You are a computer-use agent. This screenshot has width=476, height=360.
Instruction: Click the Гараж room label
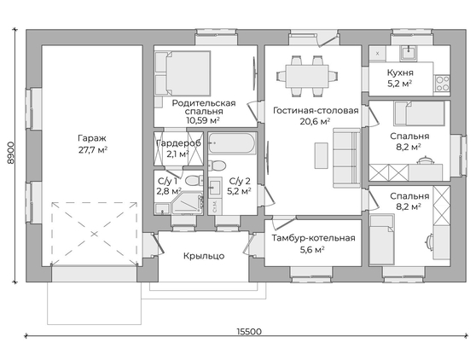pos(92,138)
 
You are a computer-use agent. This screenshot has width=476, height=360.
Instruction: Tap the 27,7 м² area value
pos(93,150)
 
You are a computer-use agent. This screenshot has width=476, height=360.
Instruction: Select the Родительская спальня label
pos(204,107)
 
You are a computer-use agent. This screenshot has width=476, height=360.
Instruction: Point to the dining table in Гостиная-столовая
pos(307,76)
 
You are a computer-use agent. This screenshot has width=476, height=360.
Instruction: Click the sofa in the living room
pos(346,157)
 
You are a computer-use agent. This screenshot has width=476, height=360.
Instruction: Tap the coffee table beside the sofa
pos(321,155)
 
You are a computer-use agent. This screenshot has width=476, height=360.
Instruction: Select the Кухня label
pos(400,73)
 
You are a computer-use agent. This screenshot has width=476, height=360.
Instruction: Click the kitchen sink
pos(409,53)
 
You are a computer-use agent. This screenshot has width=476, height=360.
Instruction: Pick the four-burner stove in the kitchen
pos(442,84)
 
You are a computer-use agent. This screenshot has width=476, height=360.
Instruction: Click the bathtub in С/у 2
pos(232,143)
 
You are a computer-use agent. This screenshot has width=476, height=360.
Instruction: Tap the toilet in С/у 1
pos(194,181)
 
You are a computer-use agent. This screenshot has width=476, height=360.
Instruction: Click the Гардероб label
pos(178,143)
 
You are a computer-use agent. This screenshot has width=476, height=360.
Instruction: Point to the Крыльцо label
pos(204,256)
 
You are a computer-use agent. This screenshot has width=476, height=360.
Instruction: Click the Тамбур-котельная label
pos(313,238)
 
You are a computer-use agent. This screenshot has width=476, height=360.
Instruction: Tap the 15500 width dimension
pos(249,332)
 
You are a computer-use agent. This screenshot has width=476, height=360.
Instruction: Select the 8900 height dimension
pos(11,153)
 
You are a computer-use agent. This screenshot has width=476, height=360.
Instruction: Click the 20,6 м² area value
pos(315,121)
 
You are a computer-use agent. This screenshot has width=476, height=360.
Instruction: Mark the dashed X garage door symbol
pos(94,234)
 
